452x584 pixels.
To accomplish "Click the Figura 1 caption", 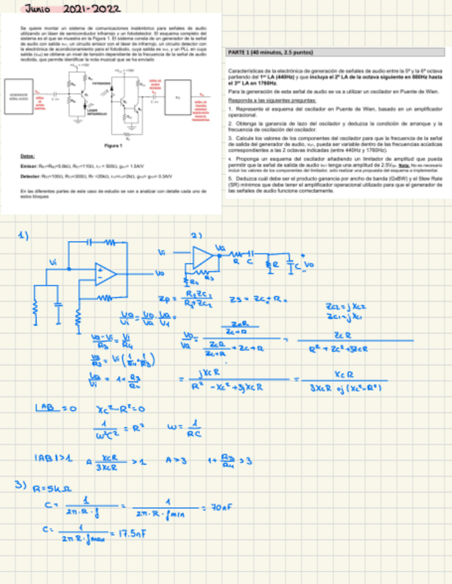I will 112,147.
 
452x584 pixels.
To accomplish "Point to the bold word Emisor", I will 29,167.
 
